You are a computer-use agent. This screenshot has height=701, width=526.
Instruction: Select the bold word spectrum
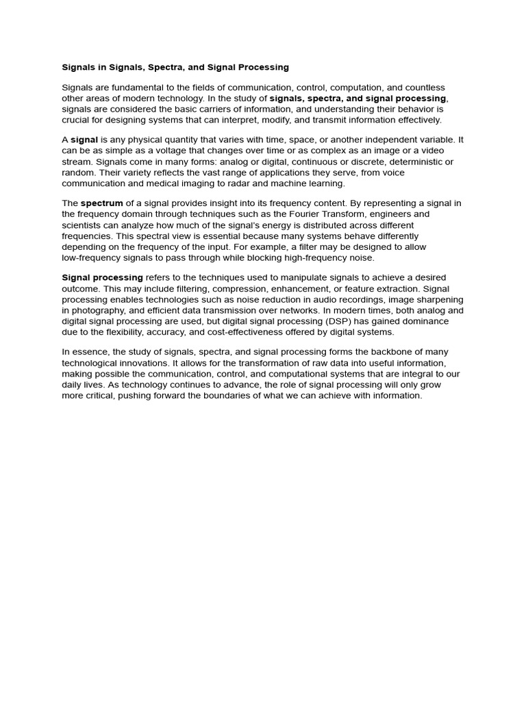coord(102,203)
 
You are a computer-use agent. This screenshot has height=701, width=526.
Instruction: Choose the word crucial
coord(76,120)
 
